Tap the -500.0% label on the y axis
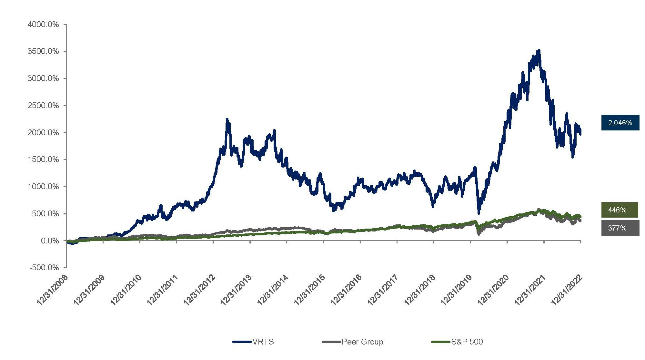tap(44, 268)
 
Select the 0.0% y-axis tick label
tap(50, 241)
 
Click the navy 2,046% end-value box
tap(620, 123)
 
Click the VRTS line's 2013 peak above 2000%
tap(227, 119)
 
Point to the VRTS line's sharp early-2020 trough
tap(479, 213)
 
